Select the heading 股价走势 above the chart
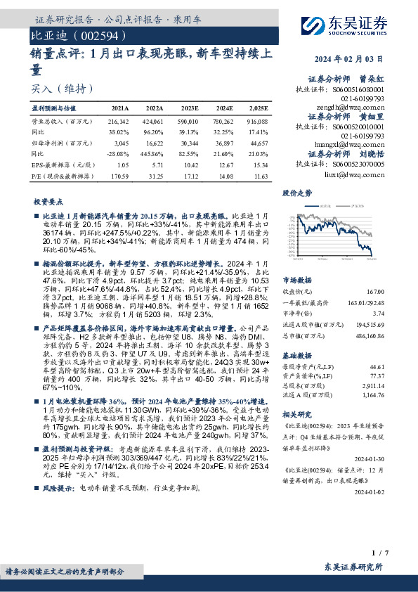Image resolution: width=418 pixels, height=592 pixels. point(296,192)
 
